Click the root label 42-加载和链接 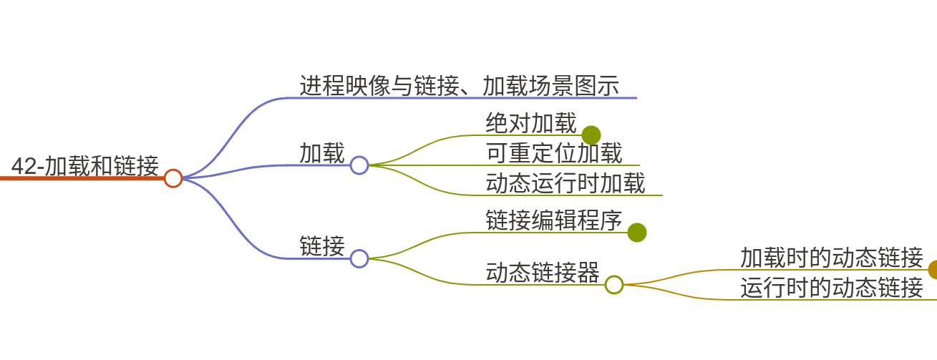click(84, 166)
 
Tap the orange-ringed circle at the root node click(173, 178)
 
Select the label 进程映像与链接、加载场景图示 click(459, 86)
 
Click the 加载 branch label click(321, 153)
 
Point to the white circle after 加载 click(359, 165)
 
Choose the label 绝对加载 click(530, 123)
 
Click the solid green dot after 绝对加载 click(591, 135)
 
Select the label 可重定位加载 click(553, 152)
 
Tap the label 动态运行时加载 click(565, 183)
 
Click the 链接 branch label click(321, 246)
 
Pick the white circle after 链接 click(359, 258)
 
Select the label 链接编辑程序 click(553, 220)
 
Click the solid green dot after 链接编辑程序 click(637, 233)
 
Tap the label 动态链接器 click(542, 273)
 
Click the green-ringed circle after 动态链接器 click(614, 285)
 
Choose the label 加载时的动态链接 click(831, 257)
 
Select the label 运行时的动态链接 click(831, 288)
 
